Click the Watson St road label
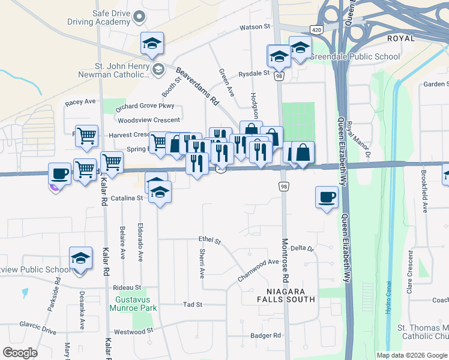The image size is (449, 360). (x=255, y=27)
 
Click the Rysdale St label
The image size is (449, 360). (x=254, y=73)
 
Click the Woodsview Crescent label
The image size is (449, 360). (x=149, y=120)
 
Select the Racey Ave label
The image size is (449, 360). (x=80, y=102)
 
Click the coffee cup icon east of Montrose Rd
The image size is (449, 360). (x=327, y=197)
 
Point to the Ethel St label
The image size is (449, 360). (x=209, y=240)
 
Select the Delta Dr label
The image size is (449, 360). (x=302, y=248)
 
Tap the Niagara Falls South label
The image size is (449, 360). (x=286, y=294)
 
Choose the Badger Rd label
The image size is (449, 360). (x=266, y=336)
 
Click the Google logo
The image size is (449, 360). (x=20, y=353)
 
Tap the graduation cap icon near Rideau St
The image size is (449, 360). (x=80, y=259)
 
